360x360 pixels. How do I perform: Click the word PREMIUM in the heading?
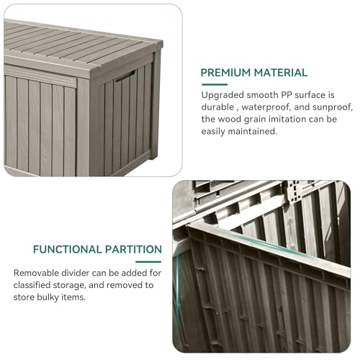click(225, 73)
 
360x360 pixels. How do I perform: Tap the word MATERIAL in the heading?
click(281, 73)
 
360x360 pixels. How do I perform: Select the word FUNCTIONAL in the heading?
click(68, 249)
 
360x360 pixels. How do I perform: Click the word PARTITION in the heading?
click(133, 249)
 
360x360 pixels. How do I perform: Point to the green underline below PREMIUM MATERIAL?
click(215, 84)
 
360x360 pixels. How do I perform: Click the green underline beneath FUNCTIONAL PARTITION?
click(148, 262)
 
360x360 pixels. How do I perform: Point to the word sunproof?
click(336, 107)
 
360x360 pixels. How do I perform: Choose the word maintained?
click(252, 131)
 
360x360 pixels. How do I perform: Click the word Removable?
click(36, 273)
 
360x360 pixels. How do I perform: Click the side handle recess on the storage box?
click(125, 76)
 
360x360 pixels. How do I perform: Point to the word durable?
click(217, 107)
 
